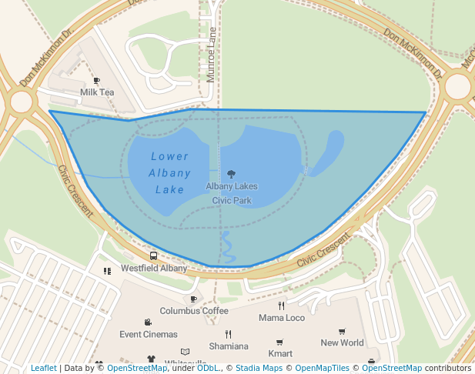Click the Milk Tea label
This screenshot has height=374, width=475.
point(97,92)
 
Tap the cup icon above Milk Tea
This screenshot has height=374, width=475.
point(97,80)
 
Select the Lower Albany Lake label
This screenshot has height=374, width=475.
point(169,173)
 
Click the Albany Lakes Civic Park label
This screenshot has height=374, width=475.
point(232,193)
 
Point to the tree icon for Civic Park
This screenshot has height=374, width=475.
point(232,175)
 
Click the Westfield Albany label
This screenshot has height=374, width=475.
point(154,269)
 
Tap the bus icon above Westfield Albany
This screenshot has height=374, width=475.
point(154,256)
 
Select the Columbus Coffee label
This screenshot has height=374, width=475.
point(194,311)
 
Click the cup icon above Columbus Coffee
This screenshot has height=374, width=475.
point(194,299)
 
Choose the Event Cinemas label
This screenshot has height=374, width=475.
point(149,335)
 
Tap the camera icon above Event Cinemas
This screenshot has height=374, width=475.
point(148,322)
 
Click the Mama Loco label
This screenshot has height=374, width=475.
point(282,318)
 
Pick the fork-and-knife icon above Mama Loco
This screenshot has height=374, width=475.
point(282,306)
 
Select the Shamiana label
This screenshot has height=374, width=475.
point(229,346)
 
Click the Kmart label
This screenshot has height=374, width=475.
point(280,353)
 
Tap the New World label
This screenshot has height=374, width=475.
point(342,343)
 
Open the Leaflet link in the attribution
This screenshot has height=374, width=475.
point(43,368)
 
